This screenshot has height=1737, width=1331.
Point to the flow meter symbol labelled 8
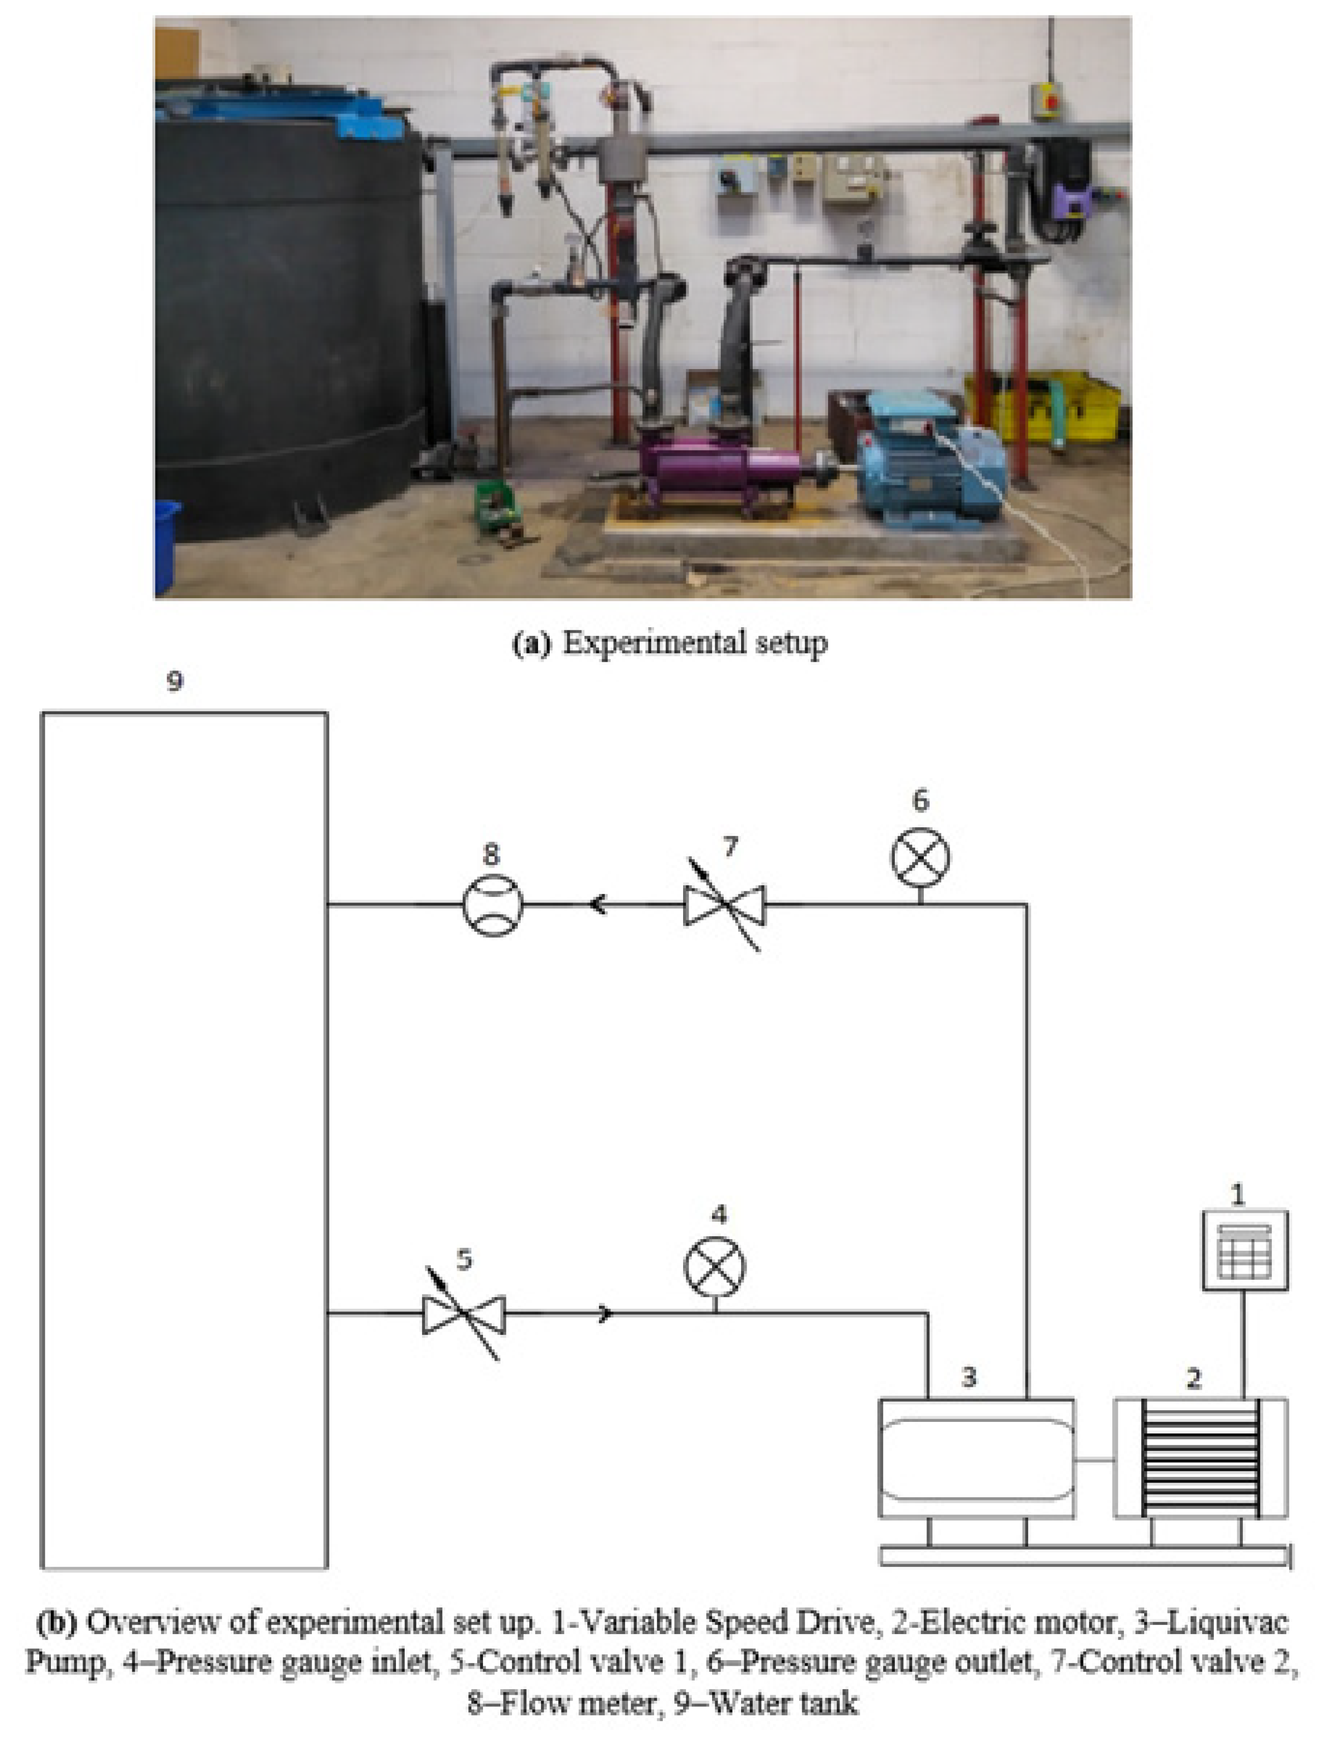pos(493,904)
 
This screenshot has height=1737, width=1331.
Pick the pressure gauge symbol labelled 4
pos(715,1266)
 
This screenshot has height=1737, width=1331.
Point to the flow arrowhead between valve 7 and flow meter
pos(598,904)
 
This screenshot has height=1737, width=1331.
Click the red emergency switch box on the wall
pos(1047,101)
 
